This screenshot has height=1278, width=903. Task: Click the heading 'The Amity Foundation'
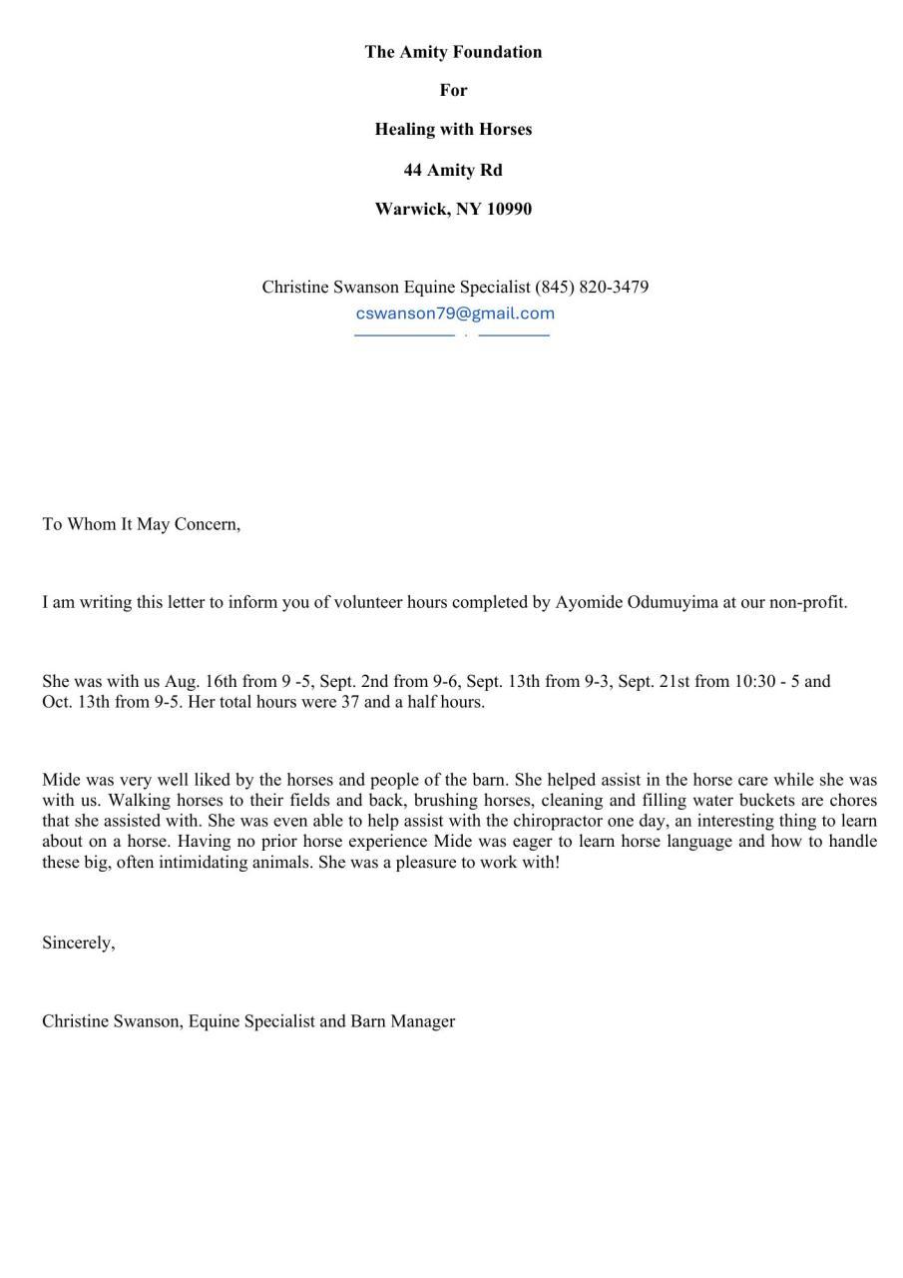[x=453, y=52]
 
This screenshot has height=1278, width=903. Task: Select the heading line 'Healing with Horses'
[x=453, y=129]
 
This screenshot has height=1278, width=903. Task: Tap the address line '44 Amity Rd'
[x=453, y=170]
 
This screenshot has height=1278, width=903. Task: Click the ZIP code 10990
[x=509, y=209]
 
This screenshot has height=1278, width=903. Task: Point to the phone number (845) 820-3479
[x=592, y=287]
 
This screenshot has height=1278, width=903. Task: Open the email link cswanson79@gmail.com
[x=455, y=313]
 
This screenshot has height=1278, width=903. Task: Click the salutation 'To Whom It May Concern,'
[x=142, y=523]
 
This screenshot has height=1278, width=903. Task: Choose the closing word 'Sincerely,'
[x=79, y=942]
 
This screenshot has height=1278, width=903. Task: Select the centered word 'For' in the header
[x=453, y=90]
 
